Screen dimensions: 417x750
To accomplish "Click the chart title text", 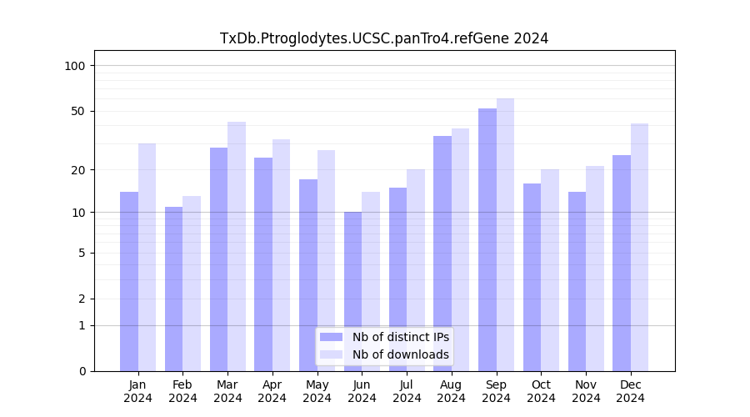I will click(384, 38).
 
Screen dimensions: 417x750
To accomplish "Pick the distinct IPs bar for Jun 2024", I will click(353, 291).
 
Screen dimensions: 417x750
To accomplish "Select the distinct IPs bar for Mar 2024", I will click(219, 259).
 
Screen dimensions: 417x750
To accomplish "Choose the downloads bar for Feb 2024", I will click(192, 284).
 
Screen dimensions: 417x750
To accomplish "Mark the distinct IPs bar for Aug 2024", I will click(442, 254).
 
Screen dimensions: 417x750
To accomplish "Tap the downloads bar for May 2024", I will click(326, 260).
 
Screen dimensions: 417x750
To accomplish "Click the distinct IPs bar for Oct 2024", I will click(532, 277).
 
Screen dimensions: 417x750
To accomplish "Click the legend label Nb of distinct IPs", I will click(401, 337).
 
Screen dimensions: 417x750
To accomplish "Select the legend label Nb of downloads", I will click(401, 354).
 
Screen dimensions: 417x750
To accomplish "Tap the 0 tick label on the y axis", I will click(82, 371).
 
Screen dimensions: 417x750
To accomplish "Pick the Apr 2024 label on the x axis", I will click(272, 391).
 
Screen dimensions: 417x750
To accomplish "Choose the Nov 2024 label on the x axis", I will click(586, 391).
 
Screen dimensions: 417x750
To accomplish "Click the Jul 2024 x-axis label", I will click(407, 391).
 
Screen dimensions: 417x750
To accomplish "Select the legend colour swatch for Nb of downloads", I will click(332, 354).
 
